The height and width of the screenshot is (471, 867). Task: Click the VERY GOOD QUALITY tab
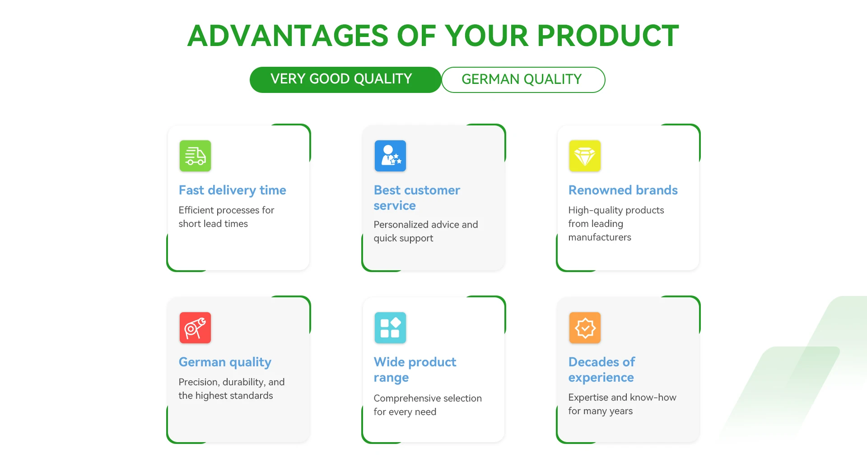pyautogui.click(x=345, y=80)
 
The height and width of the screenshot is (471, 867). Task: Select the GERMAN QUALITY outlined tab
pyautogui.click(x=523, y=80)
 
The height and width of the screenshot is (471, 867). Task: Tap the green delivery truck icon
pyautogui.click(x=195, y=156)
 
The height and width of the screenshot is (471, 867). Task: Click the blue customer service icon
pyautogui.click(x=390, y=156)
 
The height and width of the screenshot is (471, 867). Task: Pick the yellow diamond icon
pyautogui.click(x=585, y=156)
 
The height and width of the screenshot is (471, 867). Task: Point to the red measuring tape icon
pyautogui.click(x=195, y=328)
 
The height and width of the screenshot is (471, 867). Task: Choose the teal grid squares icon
pyautogui.click(x=390, y=328)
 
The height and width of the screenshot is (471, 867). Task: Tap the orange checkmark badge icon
pyautogui.click(x=585, y=328)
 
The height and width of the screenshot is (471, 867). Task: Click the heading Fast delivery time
pyautogui.click(x=232, y=190)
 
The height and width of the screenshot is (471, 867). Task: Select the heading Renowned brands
pyautogui.click(x=623, y=190)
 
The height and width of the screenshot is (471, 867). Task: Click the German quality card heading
pyautogui.click(x=225, y=362)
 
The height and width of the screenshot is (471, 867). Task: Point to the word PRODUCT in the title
pyautogui.click(x=608, y=36)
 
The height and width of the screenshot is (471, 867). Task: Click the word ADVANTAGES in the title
pyautogui.click(x=288, y=36)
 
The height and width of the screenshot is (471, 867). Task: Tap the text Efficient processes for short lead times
pyautogui.click(x=226, y=217)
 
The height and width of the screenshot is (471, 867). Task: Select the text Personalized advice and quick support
pyautogui.click(x=425, y=231)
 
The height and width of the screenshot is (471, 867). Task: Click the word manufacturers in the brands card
pyautogui.click(x=600, y=237)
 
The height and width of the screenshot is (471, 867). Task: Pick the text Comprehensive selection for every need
pyautogui.click(x=428, y=405)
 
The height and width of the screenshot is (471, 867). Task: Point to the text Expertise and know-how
pyautogui.click(x=622, y=397)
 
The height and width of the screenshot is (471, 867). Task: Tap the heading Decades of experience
pyautogui.click(x=601, y=369)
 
